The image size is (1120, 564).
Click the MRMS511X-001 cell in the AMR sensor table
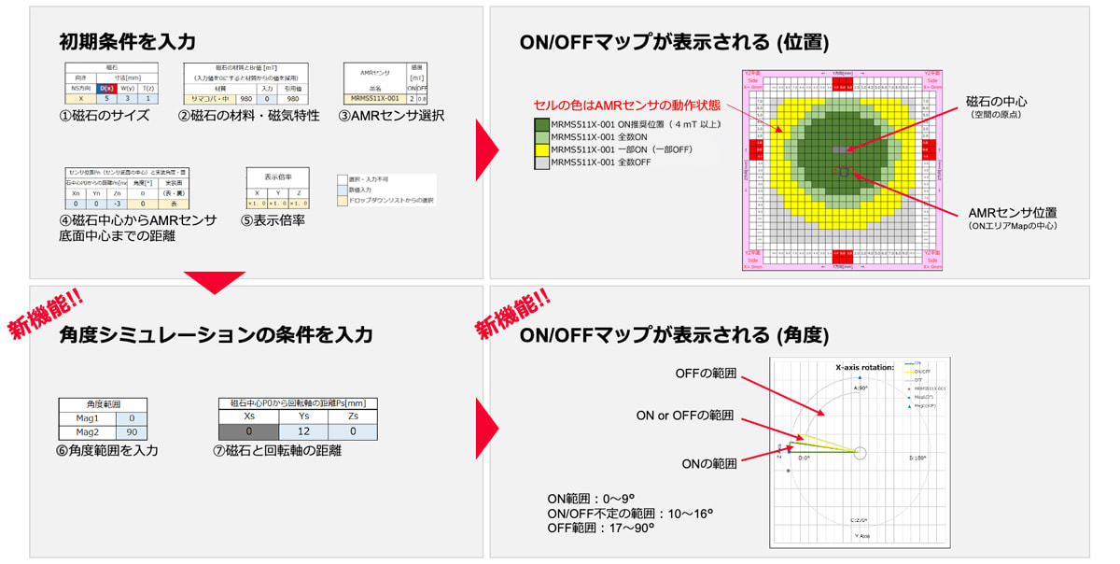374,98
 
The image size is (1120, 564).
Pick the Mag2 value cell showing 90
132,433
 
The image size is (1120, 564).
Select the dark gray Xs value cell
248,432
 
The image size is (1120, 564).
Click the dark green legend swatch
541,124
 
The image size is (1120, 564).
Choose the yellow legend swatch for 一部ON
541,149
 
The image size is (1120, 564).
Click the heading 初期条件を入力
127,41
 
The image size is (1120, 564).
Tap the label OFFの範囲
706,373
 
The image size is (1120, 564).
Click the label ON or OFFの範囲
685,416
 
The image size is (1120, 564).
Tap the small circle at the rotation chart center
860,453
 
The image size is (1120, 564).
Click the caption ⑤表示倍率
274,221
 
